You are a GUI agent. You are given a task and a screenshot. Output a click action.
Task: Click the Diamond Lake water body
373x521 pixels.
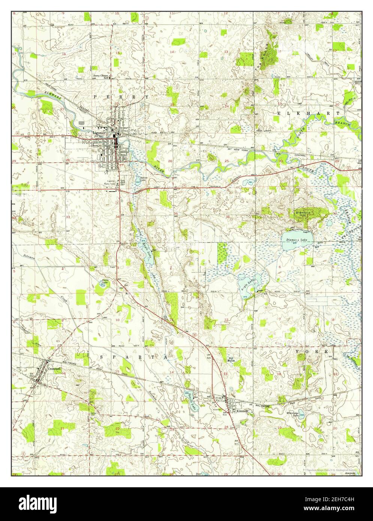298,243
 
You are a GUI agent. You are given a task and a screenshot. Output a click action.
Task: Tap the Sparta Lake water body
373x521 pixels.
191,402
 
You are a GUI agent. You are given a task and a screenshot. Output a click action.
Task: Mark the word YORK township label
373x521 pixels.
312,352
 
